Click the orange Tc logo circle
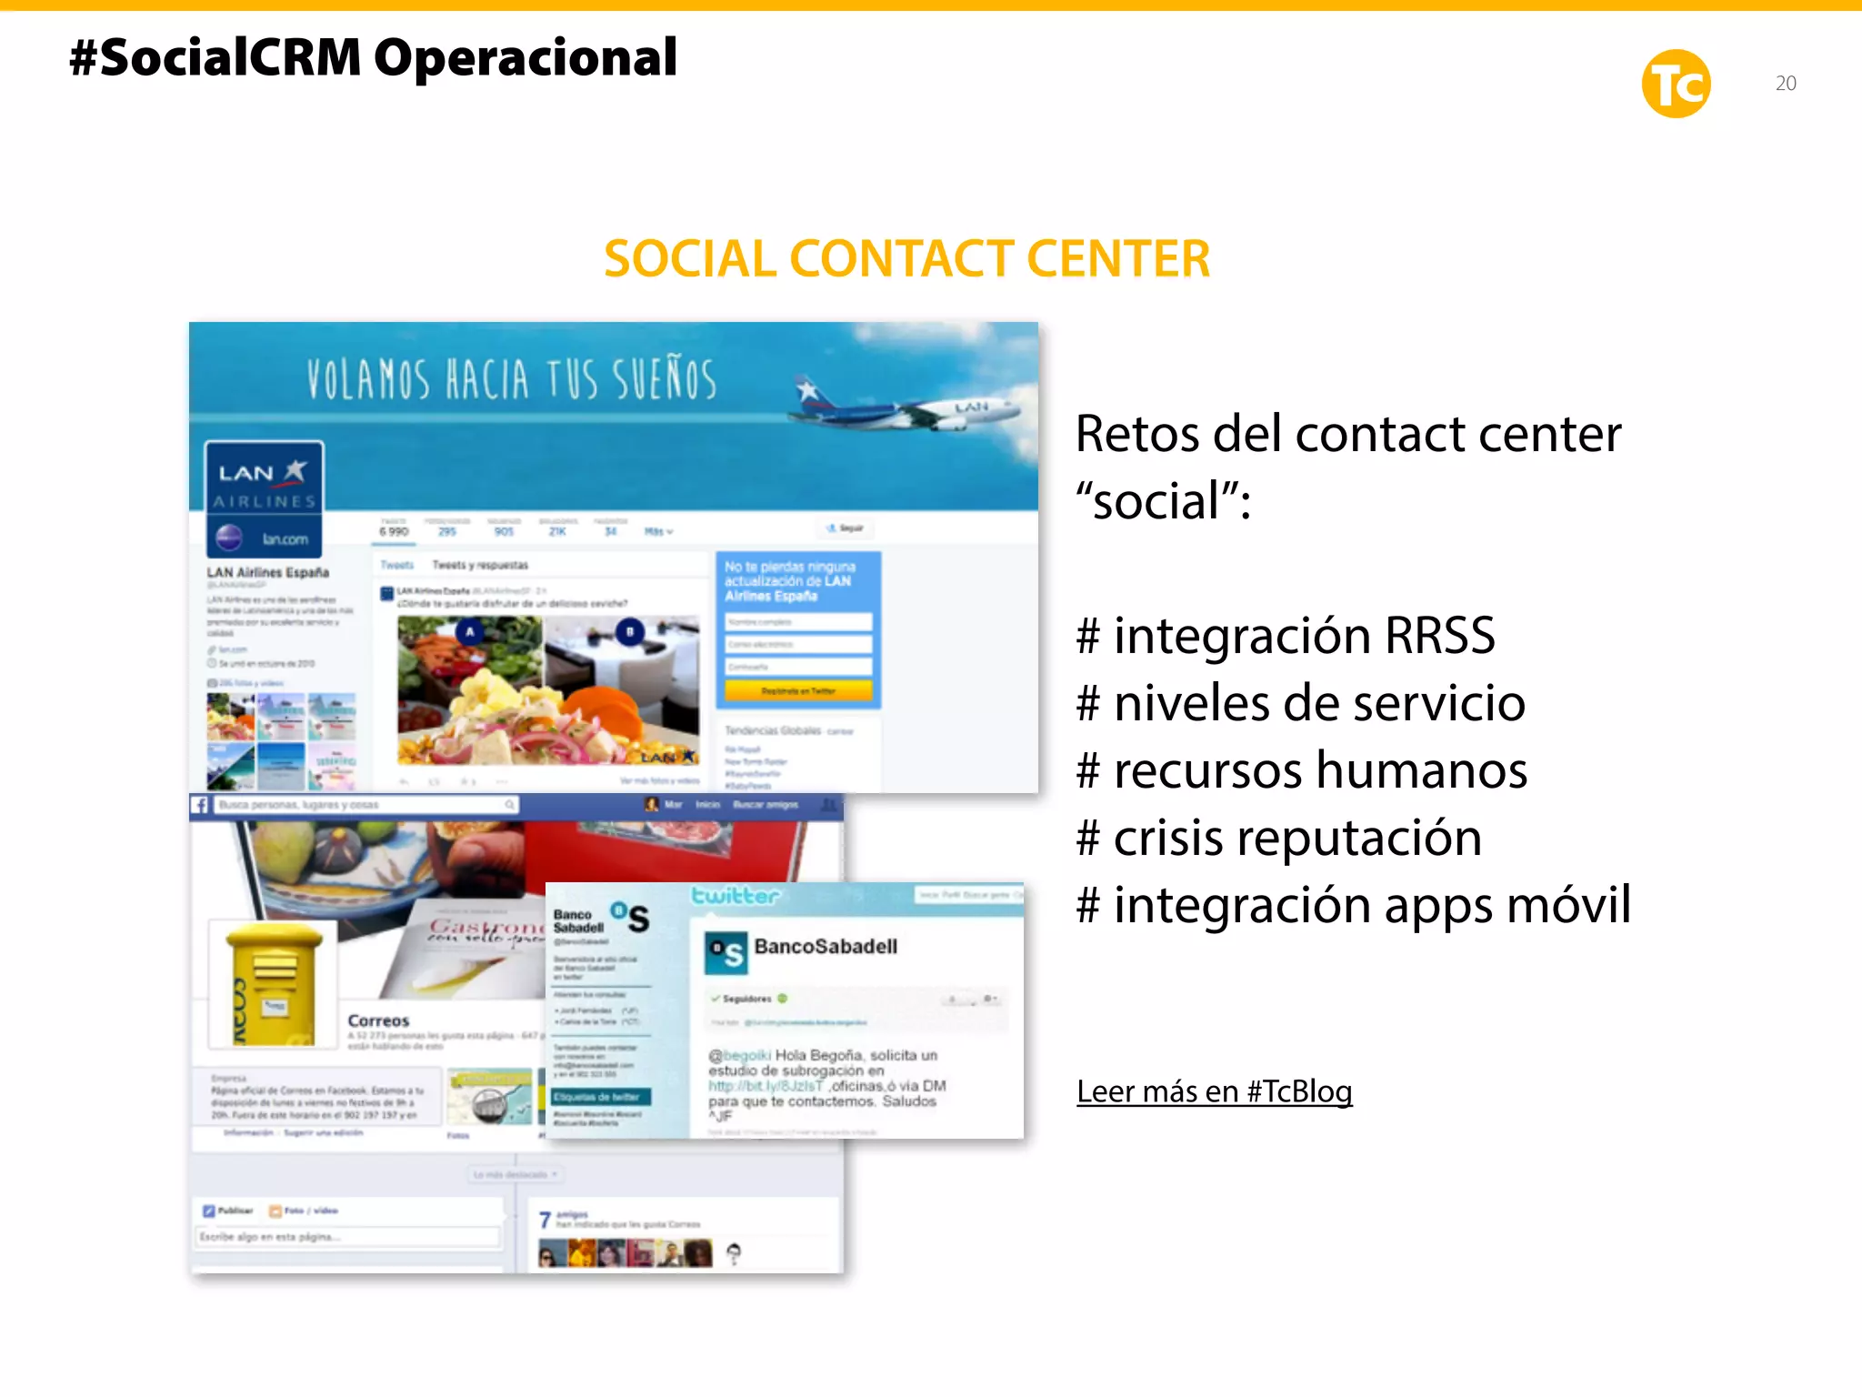tap(1676, 84)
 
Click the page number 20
tap(1786, 84)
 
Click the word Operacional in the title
tap(526, 58)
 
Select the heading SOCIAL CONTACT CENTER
tap(906, 259)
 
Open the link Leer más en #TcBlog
tap(1214, 1090)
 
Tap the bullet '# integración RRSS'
tap(1286, 635)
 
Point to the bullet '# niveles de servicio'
tap(1300, 703)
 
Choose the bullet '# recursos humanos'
tap(1301, 770)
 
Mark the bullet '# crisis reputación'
tap(1278, 838)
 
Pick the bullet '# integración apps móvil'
tap(1353, 905)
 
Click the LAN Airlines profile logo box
tap(264, 499)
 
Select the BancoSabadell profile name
tap(826, 947)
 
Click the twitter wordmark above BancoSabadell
tap(735, 896)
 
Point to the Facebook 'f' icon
tap(200, 805)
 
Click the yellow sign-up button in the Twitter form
tap(797, 691)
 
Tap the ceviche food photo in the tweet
tap(547, 689)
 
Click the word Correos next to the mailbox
tap(378, 1020)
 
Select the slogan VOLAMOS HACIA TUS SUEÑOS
tap(511, 379)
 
